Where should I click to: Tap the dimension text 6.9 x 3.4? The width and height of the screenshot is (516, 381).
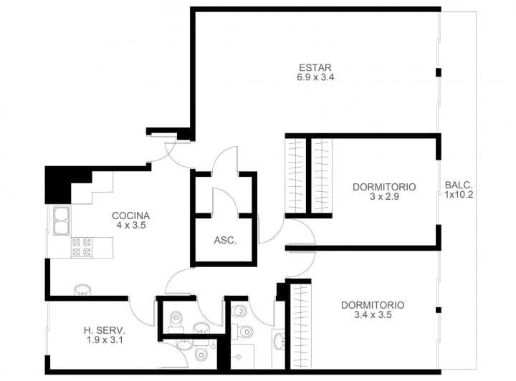point(316,77)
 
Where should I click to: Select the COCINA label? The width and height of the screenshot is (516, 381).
point(130,216)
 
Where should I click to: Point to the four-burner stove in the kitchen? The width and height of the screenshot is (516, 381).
point(80,246)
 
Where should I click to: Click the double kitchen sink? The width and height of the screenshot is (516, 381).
point(60,221)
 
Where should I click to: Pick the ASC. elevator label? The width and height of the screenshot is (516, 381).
point(225,241)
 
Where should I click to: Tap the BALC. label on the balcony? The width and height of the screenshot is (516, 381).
point(459,183)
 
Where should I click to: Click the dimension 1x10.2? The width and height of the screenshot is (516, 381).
point(459,193)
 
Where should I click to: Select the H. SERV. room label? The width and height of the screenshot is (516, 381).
point(105,330)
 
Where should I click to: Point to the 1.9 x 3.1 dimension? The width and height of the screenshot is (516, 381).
point(105,339)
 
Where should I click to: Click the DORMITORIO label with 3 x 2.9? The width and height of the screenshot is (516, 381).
point(384,187)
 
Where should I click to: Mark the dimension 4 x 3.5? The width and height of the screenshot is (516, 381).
point(130,225)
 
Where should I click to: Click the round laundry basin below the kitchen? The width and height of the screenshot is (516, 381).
point(82,289)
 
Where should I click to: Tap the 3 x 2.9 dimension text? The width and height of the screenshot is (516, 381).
point(384,196)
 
